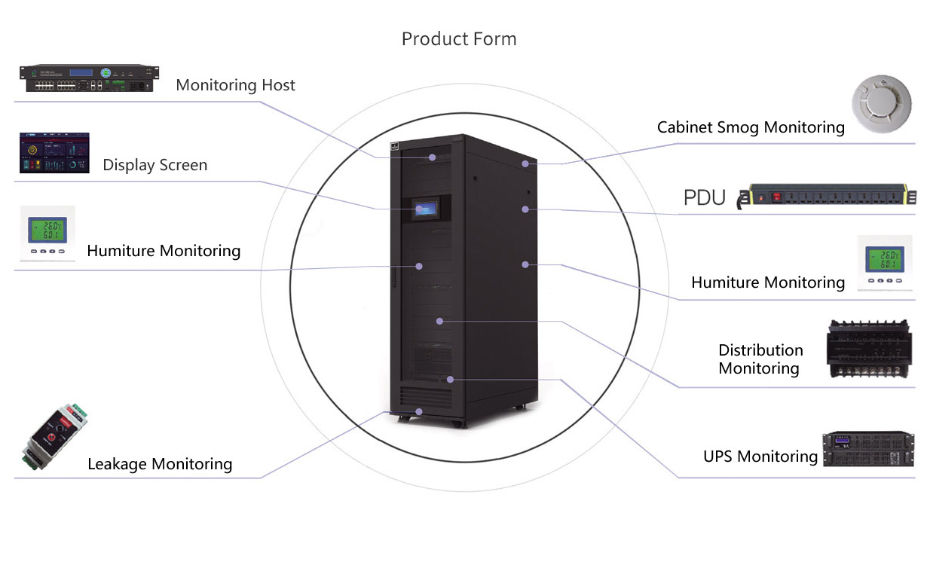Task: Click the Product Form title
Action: (x=459, y=39)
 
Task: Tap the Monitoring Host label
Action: (x=235, y=85)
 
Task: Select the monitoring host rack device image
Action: (x=90, y=78)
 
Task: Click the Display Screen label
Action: (x=154, y=165)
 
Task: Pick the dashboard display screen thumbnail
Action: (x=54, y=153)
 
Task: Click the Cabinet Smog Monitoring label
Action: (x=751, y=127)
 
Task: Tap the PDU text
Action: (x=704, y=198)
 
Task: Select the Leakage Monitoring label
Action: (x=160, y=464)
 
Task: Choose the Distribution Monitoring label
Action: (x=760, y=359)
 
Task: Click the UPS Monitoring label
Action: (x=760, y=456)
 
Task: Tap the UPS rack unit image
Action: (x=867, y=449)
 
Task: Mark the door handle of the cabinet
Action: (x=393, y=275)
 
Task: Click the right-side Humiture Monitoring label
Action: (x=767, y=282)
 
